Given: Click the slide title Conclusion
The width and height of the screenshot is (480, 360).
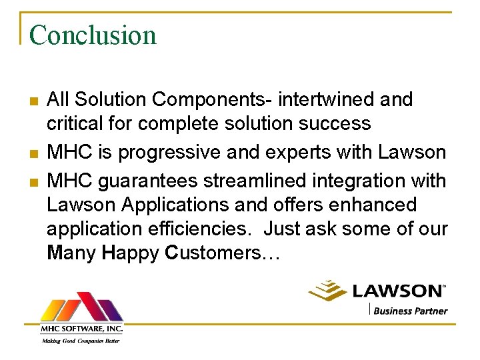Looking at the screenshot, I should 93,35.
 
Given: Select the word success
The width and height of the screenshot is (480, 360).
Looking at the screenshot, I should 338,125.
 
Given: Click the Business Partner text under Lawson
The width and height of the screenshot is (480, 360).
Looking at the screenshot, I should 410,310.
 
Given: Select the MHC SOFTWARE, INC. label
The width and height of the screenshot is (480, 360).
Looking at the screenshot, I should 81,328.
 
